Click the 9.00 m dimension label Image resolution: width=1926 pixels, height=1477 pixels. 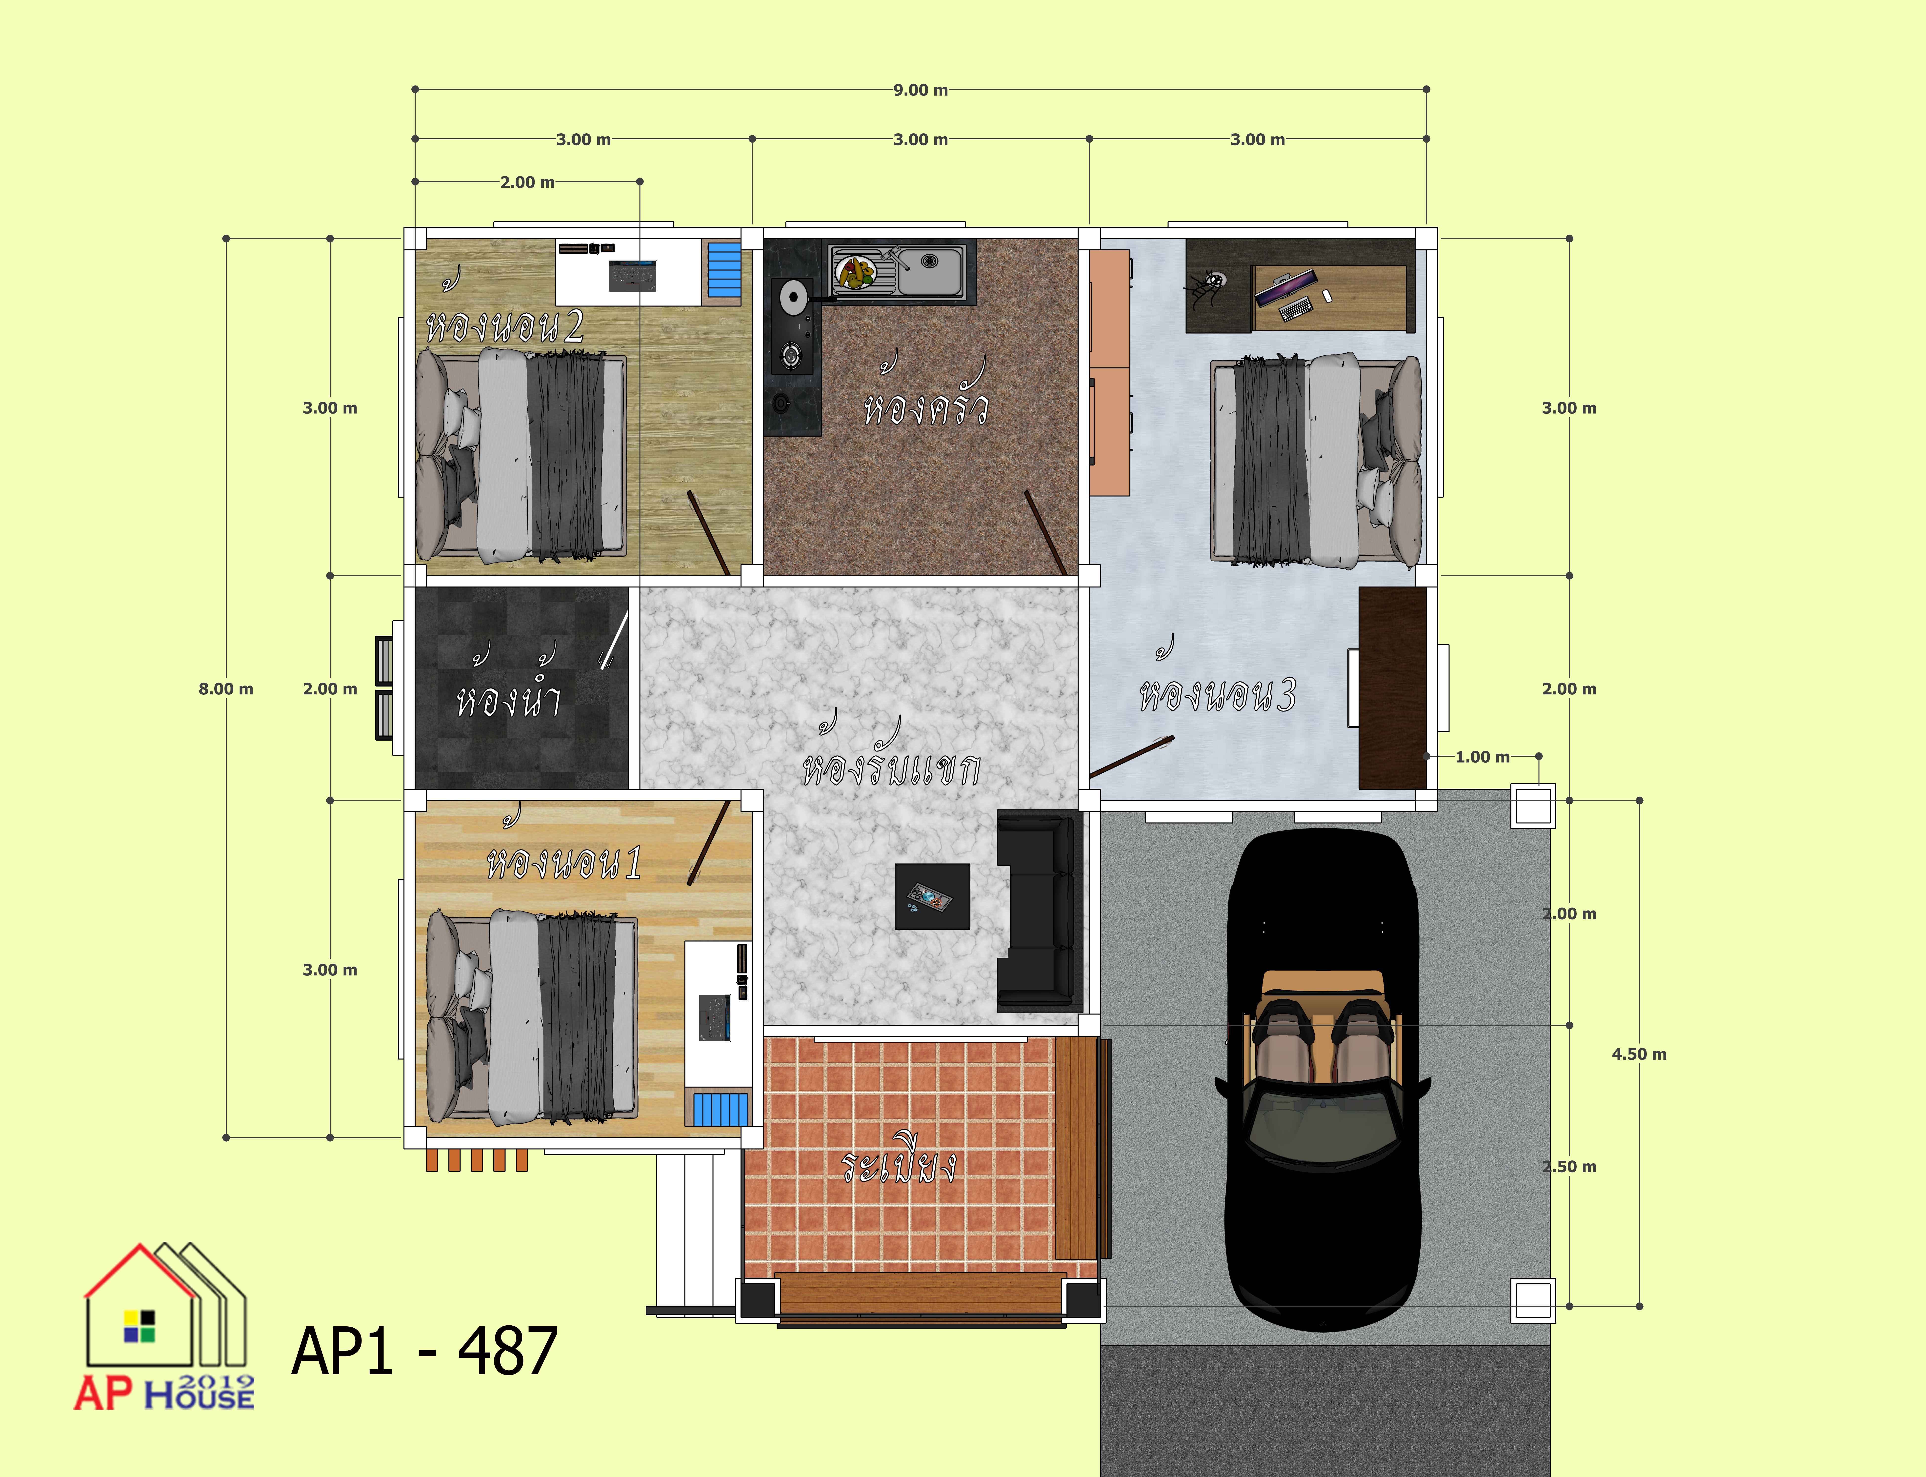(920, 90)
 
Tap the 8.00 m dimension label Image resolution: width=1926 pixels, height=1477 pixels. (226, 688)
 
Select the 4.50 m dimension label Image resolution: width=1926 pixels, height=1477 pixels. (1639, 1053)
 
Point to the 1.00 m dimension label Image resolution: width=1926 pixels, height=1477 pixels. (1482, 756)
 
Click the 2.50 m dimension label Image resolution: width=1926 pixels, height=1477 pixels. (1569, 1166)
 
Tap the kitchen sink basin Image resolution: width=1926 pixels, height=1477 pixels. (930, 271)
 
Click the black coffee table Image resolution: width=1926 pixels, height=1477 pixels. (932, 896)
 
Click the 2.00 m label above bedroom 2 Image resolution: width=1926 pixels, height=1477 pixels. (527, 182)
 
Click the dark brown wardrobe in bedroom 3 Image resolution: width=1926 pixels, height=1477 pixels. (1392, 688)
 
